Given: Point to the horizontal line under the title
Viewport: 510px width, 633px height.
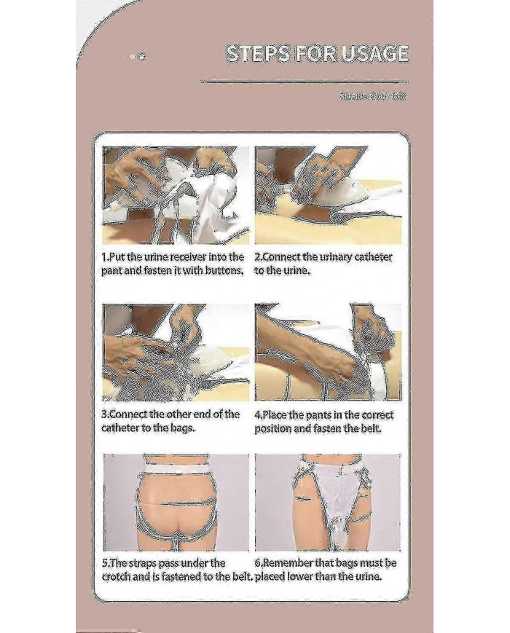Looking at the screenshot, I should click(304, 81).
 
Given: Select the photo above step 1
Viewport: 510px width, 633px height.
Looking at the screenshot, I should click(176, 195).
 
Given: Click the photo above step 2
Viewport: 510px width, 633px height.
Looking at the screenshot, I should click(327, 195).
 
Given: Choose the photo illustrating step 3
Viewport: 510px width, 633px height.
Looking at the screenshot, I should click(176, 353).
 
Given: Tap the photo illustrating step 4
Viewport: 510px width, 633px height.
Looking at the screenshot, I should click(327, 353).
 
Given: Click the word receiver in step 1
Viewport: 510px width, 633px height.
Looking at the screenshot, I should click(200, 257).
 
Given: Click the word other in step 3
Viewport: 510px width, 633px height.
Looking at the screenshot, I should click(186, 414).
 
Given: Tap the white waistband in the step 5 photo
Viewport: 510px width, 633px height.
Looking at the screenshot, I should click(176, 462).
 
